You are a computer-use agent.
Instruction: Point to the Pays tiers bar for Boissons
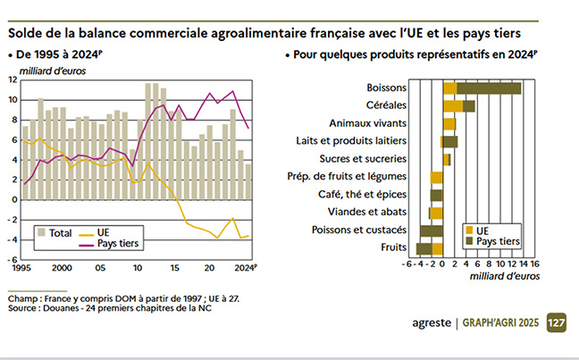pyautogui.click(x=489, y=88)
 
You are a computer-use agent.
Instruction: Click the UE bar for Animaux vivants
pyautogui.click(x=449, y=123)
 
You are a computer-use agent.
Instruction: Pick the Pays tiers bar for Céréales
pyautogui.click(x=469, y=105)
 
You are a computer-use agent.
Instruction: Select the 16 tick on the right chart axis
pyautogui.click(x=533, y=264)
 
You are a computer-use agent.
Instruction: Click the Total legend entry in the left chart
pyautogui.click(x=54, y=232)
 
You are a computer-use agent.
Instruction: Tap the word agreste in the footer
pyautogui.click(x=426, y=322)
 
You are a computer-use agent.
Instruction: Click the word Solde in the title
pyautogui.click(x=27, y=33)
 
